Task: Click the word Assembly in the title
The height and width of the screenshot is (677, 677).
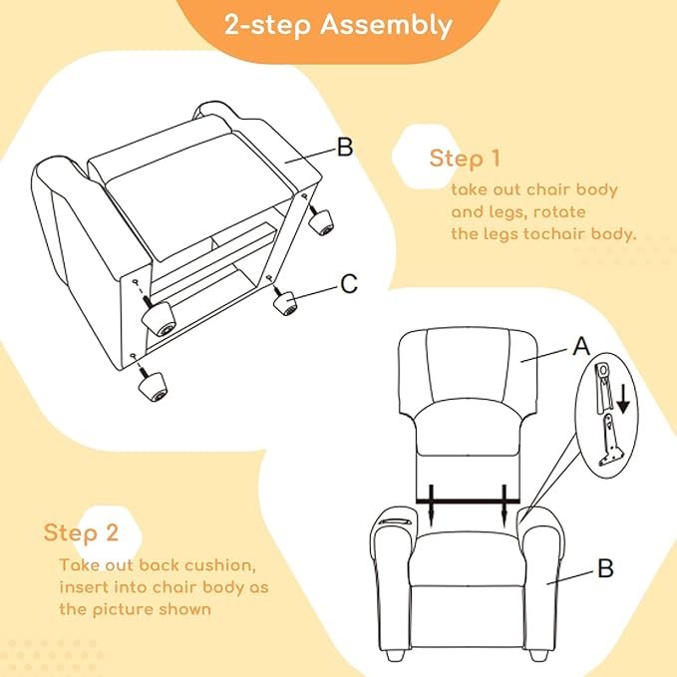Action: pyautogui.click(x=386, y=26)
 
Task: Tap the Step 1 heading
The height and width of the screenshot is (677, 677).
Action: pyautogui.click(x=465, y=159)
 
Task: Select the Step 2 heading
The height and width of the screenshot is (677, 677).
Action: pyautogui.click(x=81, y=532)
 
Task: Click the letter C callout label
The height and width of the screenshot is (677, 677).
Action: pyautogui.click(x=349, y=284)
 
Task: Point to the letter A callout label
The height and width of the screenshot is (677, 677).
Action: pyautogui.click(x=580, y=345)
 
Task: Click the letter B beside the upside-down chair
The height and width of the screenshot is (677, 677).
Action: pyautogui.click(x=345, y=148)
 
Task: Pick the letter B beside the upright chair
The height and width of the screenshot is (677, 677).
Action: pyautogui.click(x=605, y=568)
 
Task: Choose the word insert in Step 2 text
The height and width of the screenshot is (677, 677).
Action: pyautogui.click(x=80, y=587)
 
